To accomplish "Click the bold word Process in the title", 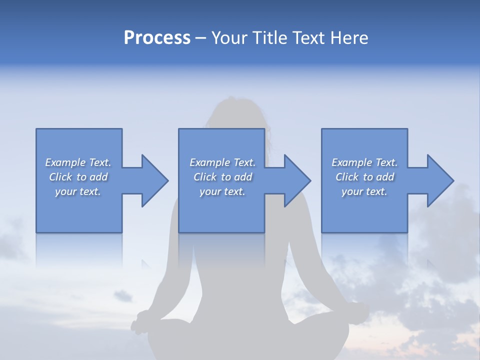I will (157, 38).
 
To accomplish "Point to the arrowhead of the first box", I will (155, 180).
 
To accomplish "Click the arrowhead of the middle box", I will (297, 180).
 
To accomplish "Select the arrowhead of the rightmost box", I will (440, 180).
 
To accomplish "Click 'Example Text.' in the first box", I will (78, 162).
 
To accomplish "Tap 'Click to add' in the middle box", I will (222, 177).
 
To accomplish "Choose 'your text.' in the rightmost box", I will (364, 192).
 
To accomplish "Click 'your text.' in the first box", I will (78, 192).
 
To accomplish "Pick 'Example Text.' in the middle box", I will (222, 162).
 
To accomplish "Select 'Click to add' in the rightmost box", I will (364, 177).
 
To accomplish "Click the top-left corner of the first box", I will (36, 129).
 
